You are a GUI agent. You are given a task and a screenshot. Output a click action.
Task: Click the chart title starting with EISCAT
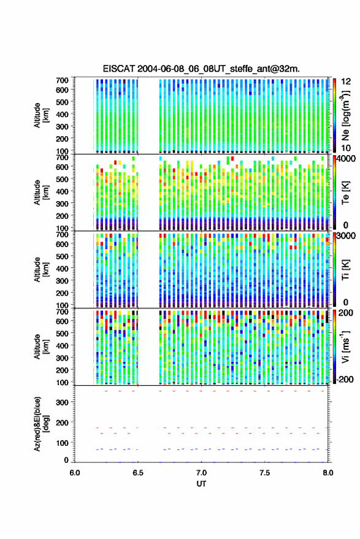click(x=201, y=69)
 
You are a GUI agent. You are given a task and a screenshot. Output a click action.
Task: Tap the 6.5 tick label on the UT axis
click(x=138, y=473)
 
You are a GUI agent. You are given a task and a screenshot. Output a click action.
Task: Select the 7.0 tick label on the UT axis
click(x=201, y=473)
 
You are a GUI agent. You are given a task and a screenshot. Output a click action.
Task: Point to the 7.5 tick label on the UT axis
click(x=264, y=473)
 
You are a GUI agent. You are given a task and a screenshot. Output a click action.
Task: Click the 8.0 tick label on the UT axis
click(x=327, y=473)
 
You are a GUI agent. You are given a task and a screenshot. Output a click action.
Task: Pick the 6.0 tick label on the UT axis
click(x=75, y=473)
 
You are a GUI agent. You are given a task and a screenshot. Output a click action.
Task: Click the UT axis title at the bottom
click(x=201, y=484)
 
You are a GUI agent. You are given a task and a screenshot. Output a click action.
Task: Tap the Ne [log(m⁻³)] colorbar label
click(x=346, y=115)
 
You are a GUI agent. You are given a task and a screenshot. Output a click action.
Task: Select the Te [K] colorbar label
click(x=345, y=193)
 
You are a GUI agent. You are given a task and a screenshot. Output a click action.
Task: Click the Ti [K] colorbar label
click(x=345, y=270)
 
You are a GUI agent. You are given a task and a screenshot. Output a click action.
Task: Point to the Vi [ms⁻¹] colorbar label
click(x=345, y=346)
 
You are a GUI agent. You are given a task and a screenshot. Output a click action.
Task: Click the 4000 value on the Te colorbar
click(x=347, y=159)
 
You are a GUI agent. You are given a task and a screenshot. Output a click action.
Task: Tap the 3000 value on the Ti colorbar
click(x=347, y=236)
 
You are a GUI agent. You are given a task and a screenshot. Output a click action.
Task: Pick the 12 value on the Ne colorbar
click(x=347, y=82)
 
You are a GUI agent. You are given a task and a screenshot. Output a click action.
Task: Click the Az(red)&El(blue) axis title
click(x=41, y=424)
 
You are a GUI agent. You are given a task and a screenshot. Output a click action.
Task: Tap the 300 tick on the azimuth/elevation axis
click(x=62, y=402)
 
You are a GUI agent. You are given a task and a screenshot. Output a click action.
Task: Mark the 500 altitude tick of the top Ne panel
click(x=62, y=102)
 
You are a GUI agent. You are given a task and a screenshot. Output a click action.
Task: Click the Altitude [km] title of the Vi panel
click(x=41, y=346)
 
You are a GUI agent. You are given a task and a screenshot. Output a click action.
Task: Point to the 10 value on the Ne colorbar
click(x=347, y=148)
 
